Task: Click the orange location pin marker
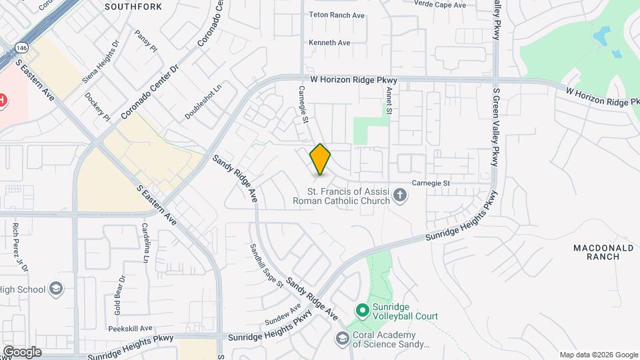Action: (320, 159)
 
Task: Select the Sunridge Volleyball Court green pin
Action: (362, 310)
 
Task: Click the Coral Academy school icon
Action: (343, 339)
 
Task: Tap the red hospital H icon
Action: (3, 101)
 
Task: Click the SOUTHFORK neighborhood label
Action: (133, 7)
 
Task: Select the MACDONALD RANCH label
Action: (603, 251)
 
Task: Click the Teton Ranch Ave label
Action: (336, 14)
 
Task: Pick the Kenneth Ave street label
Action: (329, 43)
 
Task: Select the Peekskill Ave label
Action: (131, 328)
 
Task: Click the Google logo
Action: (22, 351)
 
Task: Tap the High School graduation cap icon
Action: (56, 289)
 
